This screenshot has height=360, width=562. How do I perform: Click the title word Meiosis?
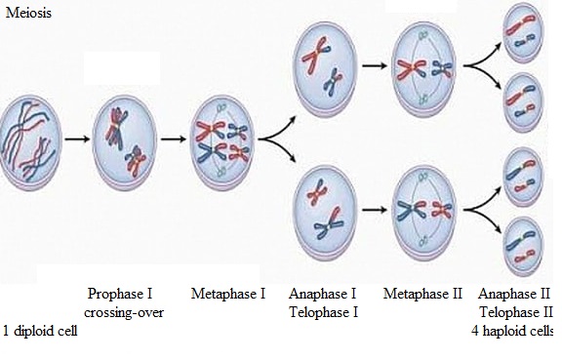[28, 13]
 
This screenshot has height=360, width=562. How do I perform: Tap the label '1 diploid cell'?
[40, 330]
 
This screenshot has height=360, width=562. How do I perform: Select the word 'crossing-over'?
[124, 312]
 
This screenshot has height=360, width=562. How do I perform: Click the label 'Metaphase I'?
[228, 294]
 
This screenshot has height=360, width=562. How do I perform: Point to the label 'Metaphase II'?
[422, 294]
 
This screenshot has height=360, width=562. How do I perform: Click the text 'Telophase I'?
[324, 312]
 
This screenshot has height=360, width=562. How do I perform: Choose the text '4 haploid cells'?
[512, 331]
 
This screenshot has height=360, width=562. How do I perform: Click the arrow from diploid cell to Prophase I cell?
[77, 139]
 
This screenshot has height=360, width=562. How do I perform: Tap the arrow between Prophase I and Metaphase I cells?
[174, 139]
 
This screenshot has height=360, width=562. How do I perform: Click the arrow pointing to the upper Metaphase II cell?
[375, 65]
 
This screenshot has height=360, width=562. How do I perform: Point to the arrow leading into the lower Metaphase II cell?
[375, 210]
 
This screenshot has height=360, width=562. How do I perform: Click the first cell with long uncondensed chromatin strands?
[31, 142]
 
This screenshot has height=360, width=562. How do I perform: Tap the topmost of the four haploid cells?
[523, 32]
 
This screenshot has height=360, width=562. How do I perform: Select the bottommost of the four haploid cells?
[523, 247]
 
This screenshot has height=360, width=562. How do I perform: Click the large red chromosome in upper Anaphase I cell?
[315, 56]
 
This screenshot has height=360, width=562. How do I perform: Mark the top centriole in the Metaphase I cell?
[221, 107]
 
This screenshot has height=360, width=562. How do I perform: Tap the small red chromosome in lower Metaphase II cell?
[442, 210]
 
